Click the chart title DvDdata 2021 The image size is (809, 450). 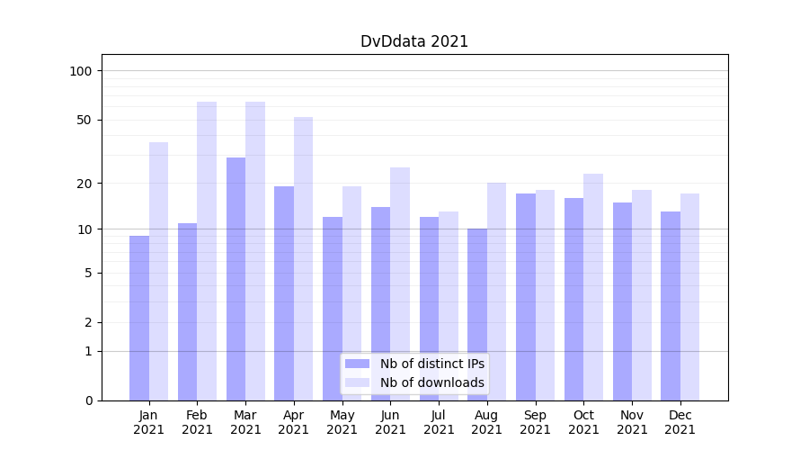[x=414, y=41]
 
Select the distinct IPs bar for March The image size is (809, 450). [x=236, y=279]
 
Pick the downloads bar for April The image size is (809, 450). [x=304, y=258]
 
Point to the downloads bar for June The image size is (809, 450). [x=400, y=283]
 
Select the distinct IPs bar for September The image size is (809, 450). [x=526, y=297]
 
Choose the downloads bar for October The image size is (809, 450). [x=593, y=287]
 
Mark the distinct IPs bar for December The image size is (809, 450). [x=671, y=306]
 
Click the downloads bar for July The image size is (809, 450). [x=449, y=306]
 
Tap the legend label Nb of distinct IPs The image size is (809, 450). [x=432, y=364]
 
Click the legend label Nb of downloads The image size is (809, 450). [x=432, y=382]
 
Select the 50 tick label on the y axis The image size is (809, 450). [x=84, y=120]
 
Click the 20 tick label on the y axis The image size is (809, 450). [x=84, y=184]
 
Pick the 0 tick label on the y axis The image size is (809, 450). [x=88, y=400]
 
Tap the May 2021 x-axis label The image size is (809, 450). [x=342, y=422]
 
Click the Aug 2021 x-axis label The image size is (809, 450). [x=487, y=422]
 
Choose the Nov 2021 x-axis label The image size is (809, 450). [x=632, y=422]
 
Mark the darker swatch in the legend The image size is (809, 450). [x=358, y=364]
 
